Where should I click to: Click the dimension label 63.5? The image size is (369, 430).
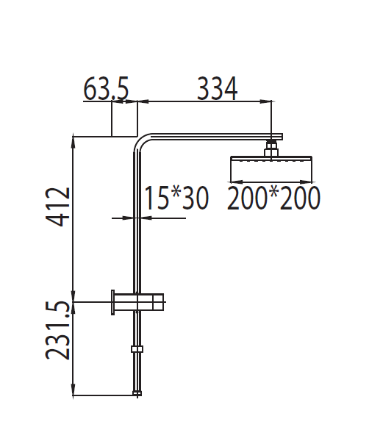(x=107, y=90)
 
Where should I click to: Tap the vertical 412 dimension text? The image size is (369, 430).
(x=59, y=207)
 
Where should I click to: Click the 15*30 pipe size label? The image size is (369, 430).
(x=176, y=198)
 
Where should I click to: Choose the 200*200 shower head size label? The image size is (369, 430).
(x=273, y=198)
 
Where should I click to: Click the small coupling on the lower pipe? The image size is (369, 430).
(x=135, y=349)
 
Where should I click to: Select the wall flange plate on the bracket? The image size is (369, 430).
(x=112, y=301)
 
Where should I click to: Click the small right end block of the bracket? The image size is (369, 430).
(x=161, y=301)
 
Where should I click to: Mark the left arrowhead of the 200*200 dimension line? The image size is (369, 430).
(x=234, y=182)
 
